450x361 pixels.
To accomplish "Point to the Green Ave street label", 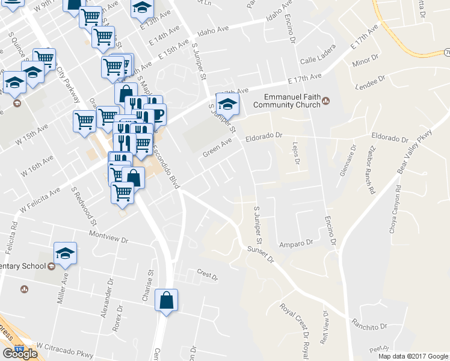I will pos(217,147).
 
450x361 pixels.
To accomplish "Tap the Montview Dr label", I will pos(109,238).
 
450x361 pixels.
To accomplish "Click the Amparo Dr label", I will pos(297,244).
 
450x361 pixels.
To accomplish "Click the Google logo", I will pos(19,353).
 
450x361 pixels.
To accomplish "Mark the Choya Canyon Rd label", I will pos(398,208).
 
